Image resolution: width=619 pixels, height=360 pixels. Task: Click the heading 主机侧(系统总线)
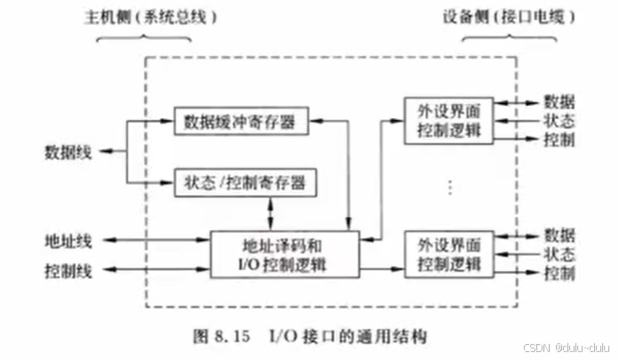(x=159, y=16)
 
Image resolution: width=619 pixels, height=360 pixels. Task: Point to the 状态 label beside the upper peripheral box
(x=559, y=121)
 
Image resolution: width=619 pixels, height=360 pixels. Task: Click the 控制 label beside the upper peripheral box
(x=559, y=140)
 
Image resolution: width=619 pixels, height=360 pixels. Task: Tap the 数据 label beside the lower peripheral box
(x=559, y=236)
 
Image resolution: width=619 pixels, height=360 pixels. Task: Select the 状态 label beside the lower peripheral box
(x=559, y=254)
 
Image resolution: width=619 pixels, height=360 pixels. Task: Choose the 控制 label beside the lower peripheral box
(x=559, y=273)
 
